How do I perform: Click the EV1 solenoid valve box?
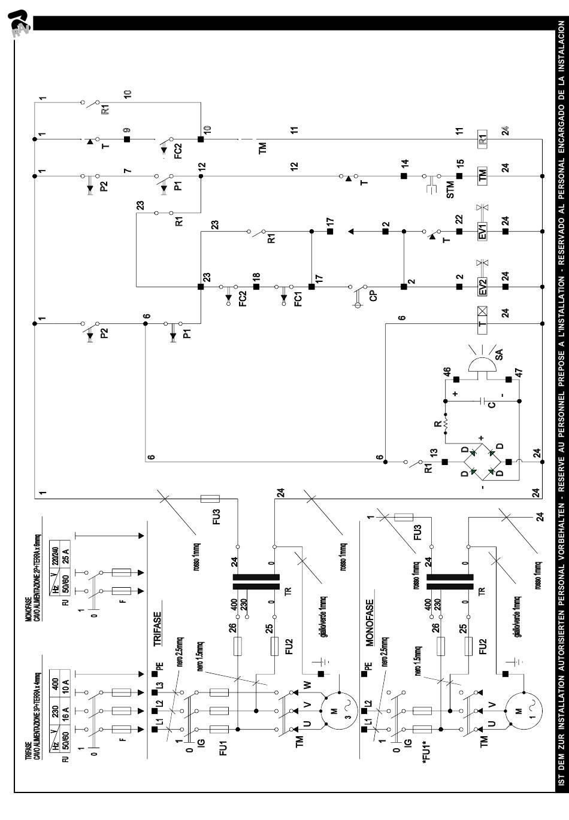tap(482, 231)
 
